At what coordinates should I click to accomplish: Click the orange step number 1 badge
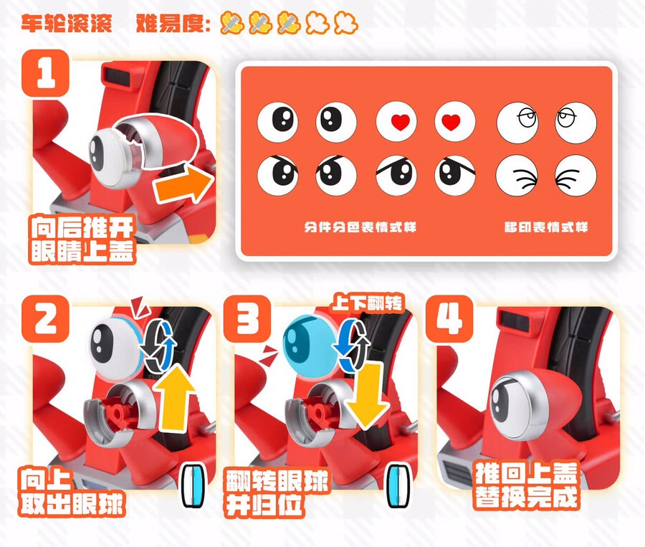[x=45, y=73]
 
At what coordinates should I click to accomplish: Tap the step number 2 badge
[x=45, y=318]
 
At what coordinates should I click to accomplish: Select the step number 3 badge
[x=247, y=318]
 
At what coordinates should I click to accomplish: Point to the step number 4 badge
[x=449, y=318]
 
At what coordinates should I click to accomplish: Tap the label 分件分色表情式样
[x=360, y=227]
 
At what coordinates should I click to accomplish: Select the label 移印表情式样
[x=546, y=227]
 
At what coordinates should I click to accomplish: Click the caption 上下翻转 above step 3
[x=368, y=303]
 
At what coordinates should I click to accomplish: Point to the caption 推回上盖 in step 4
[x=527, y=472]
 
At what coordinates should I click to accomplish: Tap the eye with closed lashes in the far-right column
[x=575, y=176]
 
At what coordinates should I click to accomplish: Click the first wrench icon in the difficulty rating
[x=232, y=23]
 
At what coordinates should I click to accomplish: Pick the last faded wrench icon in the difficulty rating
[x=346, y=23]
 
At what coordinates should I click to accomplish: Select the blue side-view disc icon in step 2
[x=193, y=486]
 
